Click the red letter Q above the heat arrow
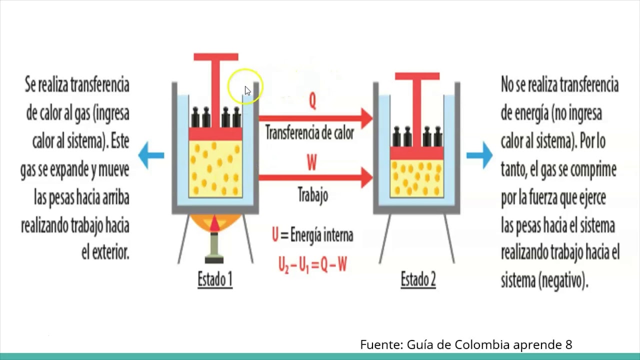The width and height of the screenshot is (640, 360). pos(312,101)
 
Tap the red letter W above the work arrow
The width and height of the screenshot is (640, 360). pos(312,162)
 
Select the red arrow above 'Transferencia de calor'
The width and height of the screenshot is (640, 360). pos(315,118)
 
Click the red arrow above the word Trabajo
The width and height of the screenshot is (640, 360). pos(315,177)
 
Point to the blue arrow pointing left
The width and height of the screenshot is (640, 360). pos(150,155)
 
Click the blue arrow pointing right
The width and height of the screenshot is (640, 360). pos(479,155)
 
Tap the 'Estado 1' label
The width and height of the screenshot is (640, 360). pos(215,279)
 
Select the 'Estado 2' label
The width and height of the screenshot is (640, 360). pos(418,279)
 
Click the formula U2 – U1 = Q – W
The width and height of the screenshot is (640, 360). pos(312,264)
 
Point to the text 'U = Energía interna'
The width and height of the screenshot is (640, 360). pos(312,235)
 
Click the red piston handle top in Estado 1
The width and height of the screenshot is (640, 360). pos(216,57)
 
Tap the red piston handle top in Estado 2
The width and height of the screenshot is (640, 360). pos(417,76)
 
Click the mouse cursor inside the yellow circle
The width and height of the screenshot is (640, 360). pos(247,90)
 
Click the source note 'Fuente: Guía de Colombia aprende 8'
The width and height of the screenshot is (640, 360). pos(466,344)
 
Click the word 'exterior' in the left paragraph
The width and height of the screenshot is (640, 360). pos(110,252)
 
